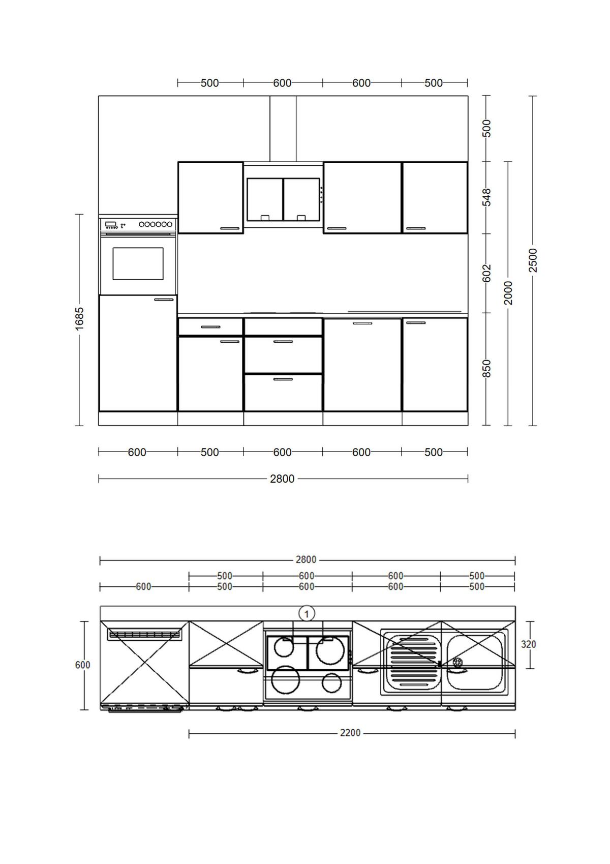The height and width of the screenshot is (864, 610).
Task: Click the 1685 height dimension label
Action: [x=80, y=319]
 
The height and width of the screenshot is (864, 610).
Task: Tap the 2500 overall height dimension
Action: [x=533, y=260]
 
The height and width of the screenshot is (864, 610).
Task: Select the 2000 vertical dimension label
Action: [x=508, y=293]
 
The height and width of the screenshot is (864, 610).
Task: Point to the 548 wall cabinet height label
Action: [x=487, y=197]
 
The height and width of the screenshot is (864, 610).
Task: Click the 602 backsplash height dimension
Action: [x=487, y=273]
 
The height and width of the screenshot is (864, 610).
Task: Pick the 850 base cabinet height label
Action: [x=487, y=368]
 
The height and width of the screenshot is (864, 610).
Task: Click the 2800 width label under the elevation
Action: [x=282, y=479]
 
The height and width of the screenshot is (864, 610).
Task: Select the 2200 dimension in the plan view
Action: [x=350, y=733]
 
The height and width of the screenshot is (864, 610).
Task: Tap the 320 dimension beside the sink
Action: [x=529, y=644]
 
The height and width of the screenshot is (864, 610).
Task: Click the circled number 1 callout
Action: [x=307, y=614]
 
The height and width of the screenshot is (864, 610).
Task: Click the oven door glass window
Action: [x=138, y=263]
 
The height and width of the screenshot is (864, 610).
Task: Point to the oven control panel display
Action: [x=110, y=224]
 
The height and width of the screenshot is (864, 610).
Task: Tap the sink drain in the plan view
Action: [x=457, y=662]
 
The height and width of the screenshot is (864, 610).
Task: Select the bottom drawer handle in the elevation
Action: [x=283, y=379]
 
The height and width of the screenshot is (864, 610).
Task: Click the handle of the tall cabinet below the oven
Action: [x=164, y=300]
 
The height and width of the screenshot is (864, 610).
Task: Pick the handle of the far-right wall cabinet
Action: [x=416, y=228]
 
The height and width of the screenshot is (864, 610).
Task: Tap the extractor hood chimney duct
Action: [x=283, y=129]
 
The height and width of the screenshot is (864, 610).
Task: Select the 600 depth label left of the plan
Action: [x=82, y=665]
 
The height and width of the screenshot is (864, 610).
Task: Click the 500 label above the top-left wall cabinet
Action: [x=209, y=83]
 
